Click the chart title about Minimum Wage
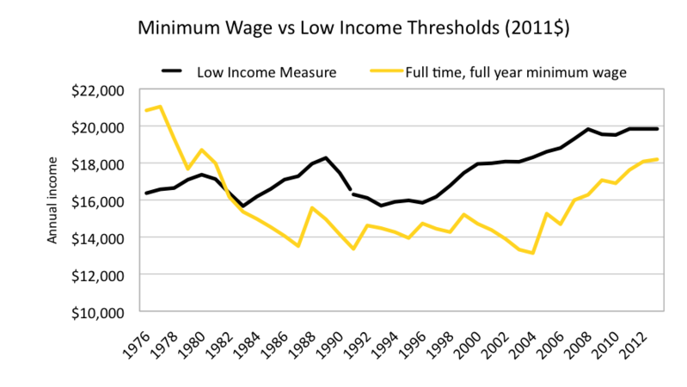pyautogui.click(x=344, y=28)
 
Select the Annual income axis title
pyautogui.click(x=52, y=200)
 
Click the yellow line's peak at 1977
pyautogui.click(x=160, y=107)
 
